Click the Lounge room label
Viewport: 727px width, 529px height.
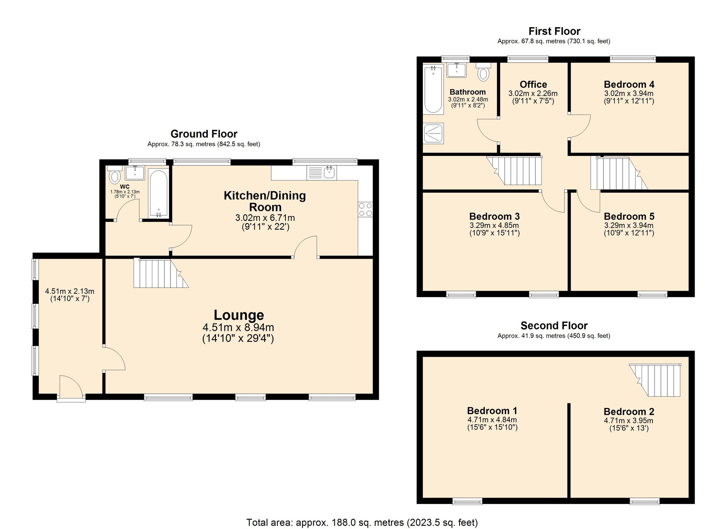point(238,315)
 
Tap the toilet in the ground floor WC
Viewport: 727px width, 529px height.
point(115,176)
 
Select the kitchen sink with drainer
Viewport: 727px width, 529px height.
point(322,173)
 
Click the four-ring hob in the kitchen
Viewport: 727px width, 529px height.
point(365,209)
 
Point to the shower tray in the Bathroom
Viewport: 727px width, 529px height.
point(433,133)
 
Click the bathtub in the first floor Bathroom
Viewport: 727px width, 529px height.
point(433,89)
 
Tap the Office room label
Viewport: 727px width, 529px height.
point(533,84)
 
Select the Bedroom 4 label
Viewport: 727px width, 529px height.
point(629,84)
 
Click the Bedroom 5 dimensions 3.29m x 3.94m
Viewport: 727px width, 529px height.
point(629,225)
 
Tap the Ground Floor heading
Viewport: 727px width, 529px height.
point(204,134)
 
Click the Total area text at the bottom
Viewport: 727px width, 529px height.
point(362,522)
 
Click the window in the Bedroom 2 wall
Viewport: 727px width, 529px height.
point(644,502)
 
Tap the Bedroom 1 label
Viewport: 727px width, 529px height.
point(492,411)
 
